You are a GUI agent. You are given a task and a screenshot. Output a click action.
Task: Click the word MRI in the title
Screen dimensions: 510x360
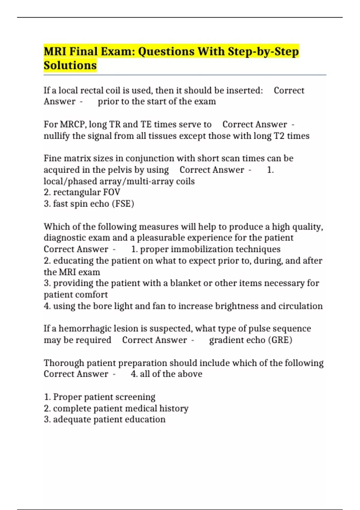pos(55,52)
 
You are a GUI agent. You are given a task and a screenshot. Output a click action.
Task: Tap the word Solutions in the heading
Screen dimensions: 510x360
pos(70,65)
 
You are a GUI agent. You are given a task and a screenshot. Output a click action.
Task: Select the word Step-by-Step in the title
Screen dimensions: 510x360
pos(263,52)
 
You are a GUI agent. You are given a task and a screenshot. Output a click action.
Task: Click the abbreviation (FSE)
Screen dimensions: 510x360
pos(123,204)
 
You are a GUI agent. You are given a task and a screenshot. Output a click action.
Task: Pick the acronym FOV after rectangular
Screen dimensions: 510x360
pos(112,192)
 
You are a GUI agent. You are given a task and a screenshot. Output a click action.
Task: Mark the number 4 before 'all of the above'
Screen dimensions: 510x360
pos(134,374)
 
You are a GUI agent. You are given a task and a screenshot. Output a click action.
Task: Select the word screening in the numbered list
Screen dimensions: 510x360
pos(135,397)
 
